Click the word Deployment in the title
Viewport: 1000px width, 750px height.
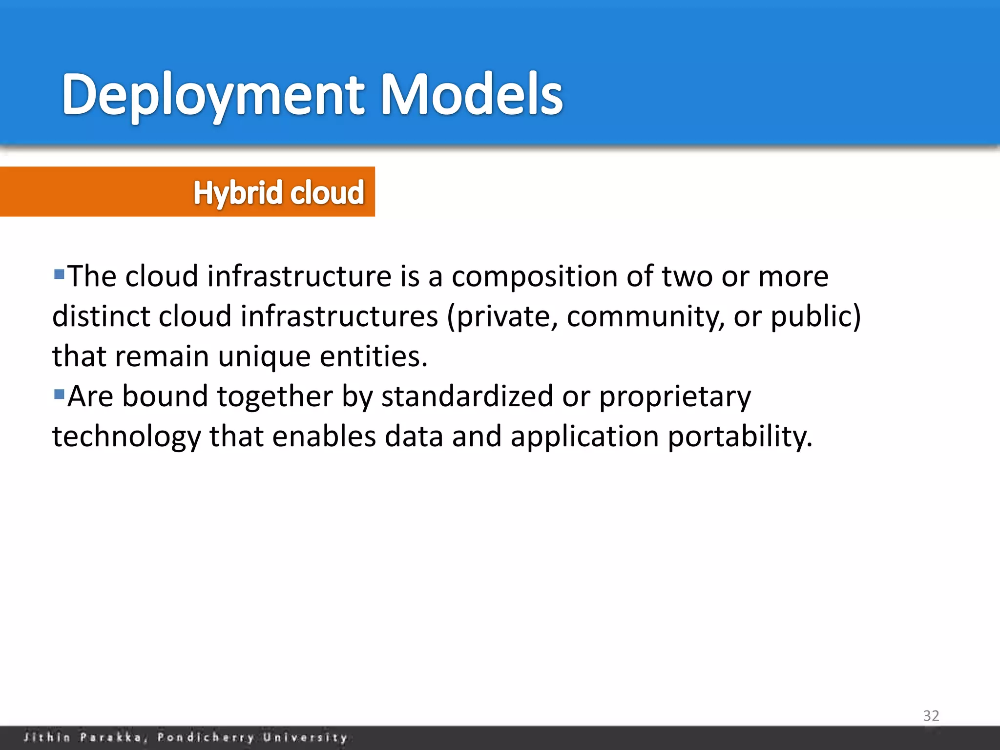tap(213, 95)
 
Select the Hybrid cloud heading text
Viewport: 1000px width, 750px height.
tap(279, 192)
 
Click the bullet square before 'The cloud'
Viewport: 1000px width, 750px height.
tap(59, 274)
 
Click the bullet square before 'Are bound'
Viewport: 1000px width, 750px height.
tap(59, 394)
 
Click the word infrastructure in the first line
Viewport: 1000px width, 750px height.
tap(299, 276)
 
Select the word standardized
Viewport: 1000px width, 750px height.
tap(467, 396)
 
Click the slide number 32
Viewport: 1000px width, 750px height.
tap(931, 716)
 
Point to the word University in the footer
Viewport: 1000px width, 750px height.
tap(305, 737)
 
